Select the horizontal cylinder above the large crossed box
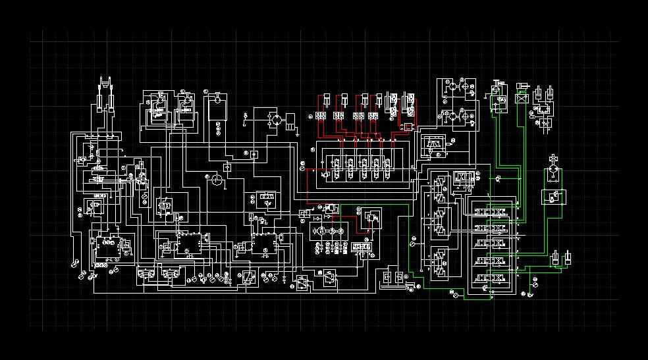[x=523, y=86]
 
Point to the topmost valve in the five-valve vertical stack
[x=492, y=211]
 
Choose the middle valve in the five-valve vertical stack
[x=492, y=244]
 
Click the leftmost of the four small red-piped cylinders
[x=325, y=100]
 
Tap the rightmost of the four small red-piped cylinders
[x=379, y=100]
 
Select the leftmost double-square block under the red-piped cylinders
[x=319, y=116]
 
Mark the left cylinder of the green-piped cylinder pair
[x=556, y=257]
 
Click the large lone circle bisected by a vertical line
[x=216, y=180]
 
